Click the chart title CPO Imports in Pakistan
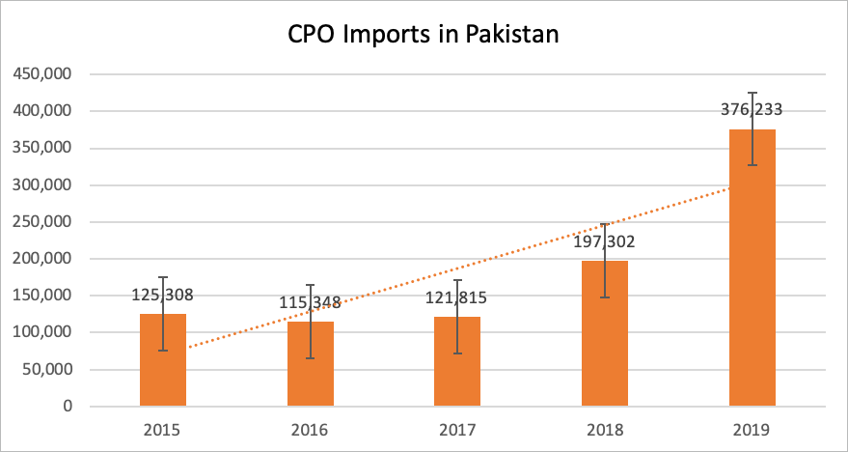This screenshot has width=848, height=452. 424,35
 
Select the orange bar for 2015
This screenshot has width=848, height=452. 163,372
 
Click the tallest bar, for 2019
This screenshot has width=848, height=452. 752,280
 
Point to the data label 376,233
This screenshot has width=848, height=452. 752,109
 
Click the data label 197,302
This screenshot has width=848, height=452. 605,241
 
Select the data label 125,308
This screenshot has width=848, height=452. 163,295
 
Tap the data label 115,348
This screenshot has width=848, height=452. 311,302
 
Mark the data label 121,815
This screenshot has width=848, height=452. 457,297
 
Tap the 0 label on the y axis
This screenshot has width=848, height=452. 68,407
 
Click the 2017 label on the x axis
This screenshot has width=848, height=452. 457,428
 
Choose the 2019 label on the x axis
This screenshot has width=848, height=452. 752,428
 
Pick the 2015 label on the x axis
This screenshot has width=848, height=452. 163,428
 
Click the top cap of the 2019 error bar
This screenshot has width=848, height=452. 752,93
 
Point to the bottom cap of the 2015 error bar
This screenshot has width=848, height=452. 163,351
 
